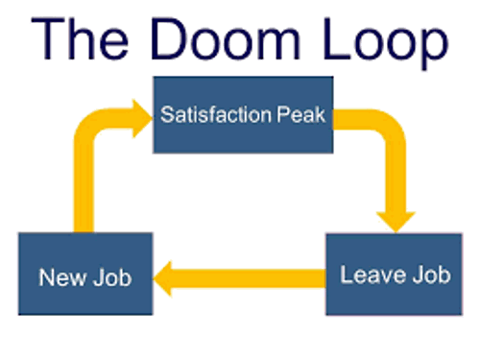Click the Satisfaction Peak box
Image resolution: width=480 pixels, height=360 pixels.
(x=243, y=114)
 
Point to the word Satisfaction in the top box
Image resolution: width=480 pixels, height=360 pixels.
(x=214, y=116)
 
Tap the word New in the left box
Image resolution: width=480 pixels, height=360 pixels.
(x=60, y=278)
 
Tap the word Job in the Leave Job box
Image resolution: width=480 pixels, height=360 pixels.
(x=428, y=276)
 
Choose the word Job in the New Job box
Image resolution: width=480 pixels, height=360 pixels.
(x=108, y=278)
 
